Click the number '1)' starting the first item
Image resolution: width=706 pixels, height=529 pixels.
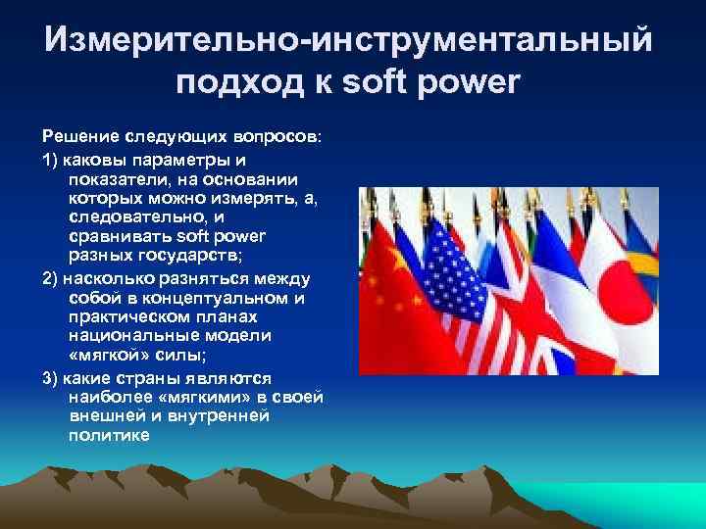click(x=51, y=157)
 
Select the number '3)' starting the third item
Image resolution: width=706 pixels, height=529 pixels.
click(x=51, y=377)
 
